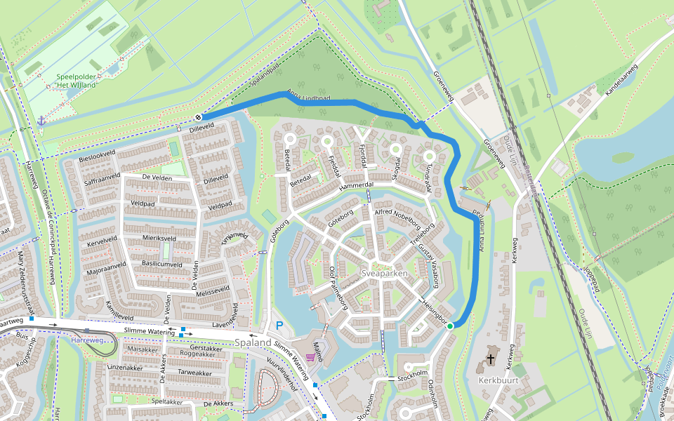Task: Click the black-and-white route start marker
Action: coord(199,117)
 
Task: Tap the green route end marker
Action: coord(450,326)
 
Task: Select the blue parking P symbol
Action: coord(279,326)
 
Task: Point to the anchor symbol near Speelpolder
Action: coord(41,121)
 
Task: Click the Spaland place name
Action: coord(253,342)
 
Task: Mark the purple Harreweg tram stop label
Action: coord(87,340)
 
